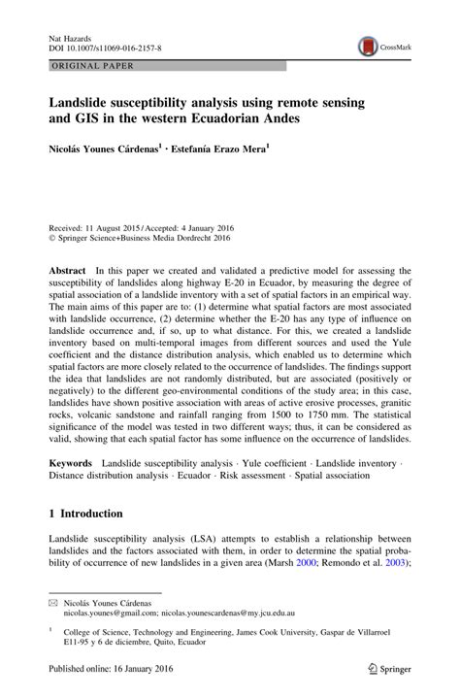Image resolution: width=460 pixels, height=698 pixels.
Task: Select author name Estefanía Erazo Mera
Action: coord(219,150)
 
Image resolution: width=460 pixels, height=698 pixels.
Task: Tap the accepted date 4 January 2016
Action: coord(210,222)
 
